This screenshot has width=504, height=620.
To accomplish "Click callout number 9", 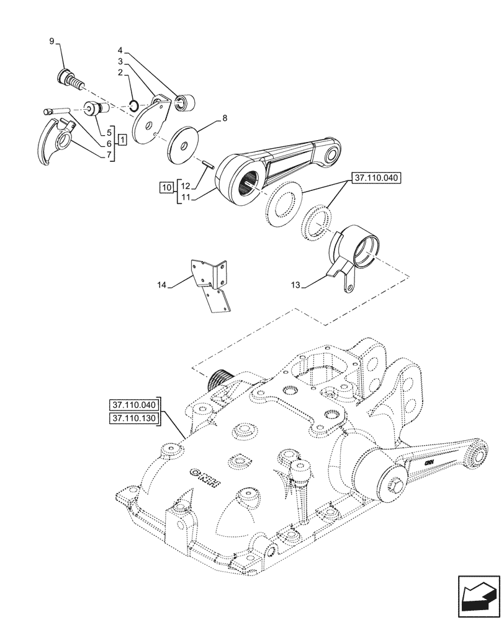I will pos(52,42).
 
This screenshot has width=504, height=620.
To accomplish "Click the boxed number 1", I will pos(123,139).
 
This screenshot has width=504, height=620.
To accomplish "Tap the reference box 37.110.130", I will pos(134,418).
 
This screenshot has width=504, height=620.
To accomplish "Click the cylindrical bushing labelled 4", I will pos(184,102).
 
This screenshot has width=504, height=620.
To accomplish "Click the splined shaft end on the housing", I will pos(220,377).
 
